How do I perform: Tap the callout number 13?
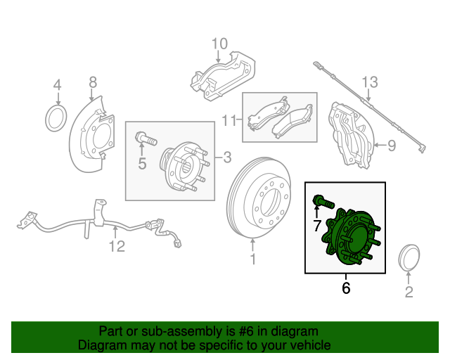pos(370,82)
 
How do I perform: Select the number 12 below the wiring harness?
pos(116,246)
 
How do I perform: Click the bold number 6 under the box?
pos(345,288)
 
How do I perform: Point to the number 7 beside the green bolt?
pos(316,225)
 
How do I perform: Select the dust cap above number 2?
pos(409,258)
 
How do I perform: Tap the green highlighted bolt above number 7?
pos(321,202)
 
